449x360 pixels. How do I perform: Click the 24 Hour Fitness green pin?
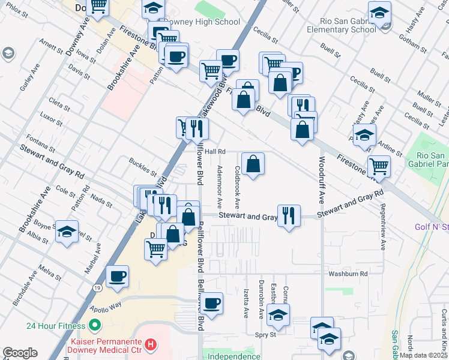(x=94, y=326)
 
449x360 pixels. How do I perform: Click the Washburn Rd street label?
(x=348, y=274)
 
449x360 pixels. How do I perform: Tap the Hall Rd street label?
(x=214, y=152)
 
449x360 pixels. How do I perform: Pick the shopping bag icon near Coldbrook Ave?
(x=253, y=164)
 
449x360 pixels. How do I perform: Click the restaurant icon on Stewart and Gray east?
(x=289, y=216)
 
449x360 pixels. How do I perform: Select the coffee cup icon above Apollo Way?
(x=117, y=277)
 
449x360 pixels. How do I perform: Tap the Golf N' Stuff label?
(x=431, y=227)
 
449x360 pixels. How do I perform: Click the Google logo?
(x=20, y=353)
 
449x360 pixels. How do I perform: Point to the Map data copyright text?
(x=423, y=355)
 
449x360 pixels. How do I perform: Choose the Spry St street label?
(x=265, y=334)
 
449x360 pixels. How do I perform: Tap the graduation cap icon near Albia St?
(x=67, y=232)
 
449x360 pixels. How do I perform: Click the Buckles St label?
(x=143, y=164)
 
